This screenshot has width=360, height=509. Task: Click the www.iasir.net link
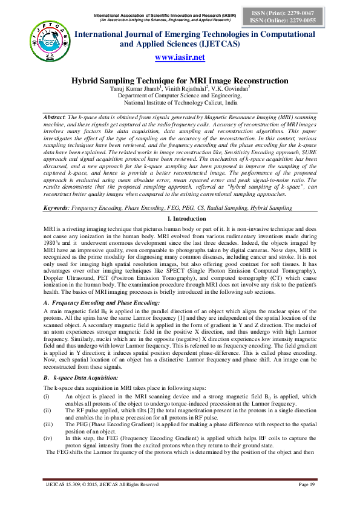[x=180, y=57]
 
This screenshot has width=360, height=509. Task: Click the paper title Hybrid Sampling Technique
[x=180, y=80]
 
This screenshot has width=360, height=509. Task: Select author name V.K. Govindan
[x=232, y=89]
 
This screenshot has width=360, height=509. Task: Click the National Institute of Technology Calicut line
[x=180, y=103]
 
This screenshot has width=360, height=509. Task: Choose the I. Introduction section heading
[x=180, y=199]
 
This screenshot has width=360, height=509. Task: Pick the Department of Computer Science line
[x=180, y=96]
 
